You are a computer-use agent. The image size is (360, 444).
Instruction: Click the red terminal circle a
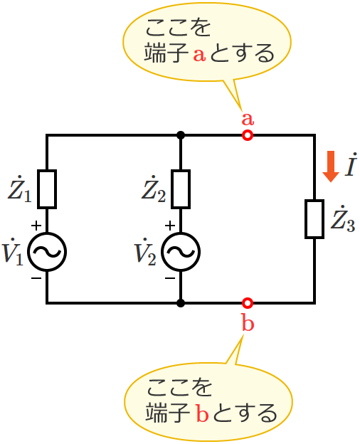pyautogui.click(x=247, y=135)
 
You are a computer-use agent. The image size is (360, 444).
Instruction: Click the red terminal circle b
pyautogui.click(x=247, y=303)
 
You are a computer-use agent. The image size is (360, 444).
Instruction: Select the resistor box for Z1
pyautogui.click(x=47, y=189)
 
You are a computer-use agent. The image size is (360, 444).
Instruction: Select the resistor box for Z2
pyautogui.click(x=181, y=189)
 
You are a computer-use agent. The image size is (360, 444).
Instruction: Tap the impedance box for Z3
pyautogui.click(x=314, y=219)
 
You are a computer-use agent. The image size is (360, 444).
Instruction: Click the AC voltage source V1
pyautogui.click(x=47, y=251)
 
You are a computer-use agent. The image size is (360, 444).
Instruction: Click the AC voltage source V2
pyautogui.click(x=181, y=251)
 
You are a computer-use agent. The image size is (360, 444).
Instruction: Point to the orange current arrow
pyautogui.click(x=331, y=166)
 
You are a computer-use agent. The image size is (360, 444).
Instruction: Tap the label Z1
pyautogui.click(x=19, y=189)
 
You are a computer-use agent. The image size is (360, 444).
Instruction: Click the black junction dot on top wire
pyautogui.click(x=181, y=135)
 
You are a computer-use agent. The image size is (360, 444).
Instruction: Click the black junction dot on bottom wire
pyautogui.click(x=181, y=303)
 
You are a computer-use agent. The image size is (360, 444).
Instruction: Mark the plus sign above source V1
pyautogui.click(x=36, y=226)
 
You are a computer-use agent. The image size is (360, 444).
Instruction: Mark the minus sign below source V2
pyautogui.click(x=169, y=278)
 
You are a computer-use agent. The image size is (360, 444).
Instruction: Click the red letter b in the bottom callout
pyautogui.click(x=201, y=413)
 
